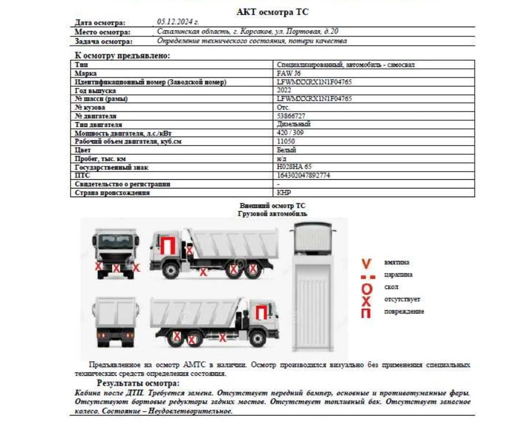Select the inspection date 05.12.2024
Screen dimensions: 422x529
[174, 22]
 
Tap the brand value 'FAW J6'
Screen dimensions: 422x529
[289, 73]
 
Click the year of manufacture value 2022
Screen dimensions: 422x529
[284, 90]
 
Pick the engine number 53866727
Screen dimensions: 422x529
[291, 116]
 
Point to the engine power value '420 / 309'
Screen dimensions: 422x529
[291, 132]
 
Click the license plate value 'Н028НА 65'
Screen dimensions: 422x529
[293, 167]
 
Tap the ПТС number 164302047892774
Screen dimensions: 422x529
[304, 175]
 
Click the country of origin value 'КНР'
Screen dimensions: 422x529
[284, 193]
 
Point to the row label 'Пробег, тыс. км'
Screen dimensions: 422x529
[100, 158]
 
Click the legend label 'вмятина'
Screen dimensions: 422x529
[397, 262]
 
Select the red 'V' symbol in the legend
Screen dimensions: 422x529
[365, 264]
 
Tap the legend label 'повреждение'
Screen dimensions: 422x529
[404, 312]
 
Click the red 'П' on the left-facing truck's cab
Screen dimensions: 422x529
[168, 246]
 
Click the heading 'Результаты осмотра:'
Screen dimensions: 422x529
[138, 383]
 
